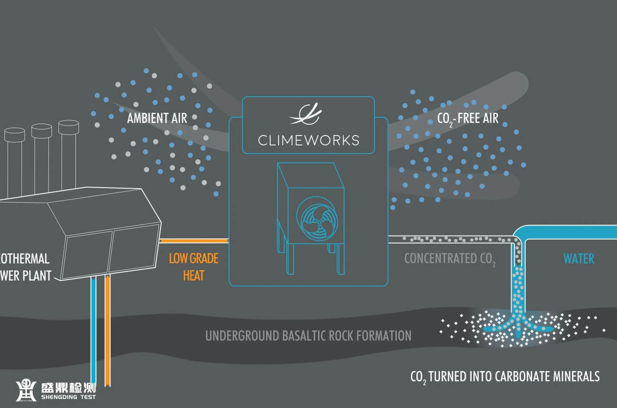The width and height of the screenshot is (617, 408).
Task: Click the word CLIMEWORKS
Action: (308, 140)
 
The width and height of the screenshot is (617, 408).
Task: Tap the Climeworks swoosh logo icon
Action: (306, 114)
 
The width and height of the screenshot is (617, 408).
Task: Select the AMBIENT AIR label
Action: (157, 118)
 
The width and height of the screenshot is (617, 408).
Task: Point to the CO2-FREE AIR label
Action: (467, 118)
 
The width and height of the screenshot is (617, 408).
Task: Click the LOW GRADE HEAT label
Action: (194, 266)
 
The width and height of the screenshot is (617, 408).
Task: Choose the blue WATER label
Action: (579, 259)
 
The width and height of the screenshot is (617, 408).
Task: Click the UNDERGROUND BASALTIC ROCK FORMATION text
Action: (308, 336)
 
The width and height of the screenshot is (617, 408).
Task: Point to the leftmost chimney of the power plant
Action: (14, 161)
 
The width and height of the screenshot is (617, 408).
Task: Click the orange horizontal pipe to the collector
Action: (195, 241)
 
